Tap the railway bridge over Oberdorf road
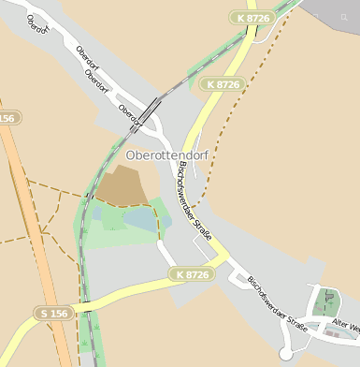(x=149, y=110)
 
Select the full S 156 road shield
(x=53, y=313)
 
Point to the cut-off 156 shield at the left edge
(x=7, y=118)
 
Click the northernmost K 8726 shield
(x=252, y=18)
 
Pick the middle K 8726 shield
(x=223, y=84)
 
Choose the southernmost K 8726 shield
(x=193, y=274)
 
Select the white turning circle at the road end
(x=286, y=354)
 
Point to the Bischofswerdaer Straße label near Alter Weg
(x=278, y=301)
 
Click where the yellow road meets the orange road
(x=73, y=309)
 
